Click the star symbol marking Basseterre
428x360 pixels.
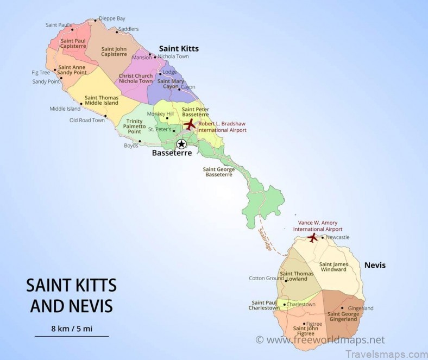pyautogui.click(x=181, y=144)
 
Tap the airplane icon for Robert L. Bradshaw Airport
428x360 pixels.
pyautogui.click(x=189, y=125)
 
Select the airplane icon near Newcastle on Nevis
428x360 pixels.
pyautogui.click(x=312, y=238)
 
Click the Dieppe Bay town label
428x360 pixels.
pyautogui.click(x=111, y=18)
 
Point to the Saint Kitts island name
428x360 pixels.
pyautogui.click(x=179, y=48)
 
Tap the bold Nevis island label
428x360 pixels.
pyautogui.click(x=375, y=265)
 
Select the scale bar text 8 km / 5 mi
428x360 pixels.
pyautogui.click(x=71, y=328)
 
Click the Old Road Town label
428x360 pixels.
pyautogui.click(x=87, y=120)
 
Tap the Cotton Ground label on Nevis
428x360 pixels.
pyautogui.click(x=266, y=278)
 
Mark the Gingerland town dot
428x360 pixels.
pyautogui.click(x=342, y=308)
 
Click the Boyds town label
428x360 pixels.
pyautogui.click(x=131, y=146)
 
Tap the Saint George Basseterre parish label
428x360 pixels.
pyautogui.click(x=218, y=172)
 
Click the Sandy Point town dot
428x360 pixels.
pyautogui.click(x=61, y=78)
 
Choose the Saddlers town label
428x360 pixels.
pyautogui.click(x=128, y=29)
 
